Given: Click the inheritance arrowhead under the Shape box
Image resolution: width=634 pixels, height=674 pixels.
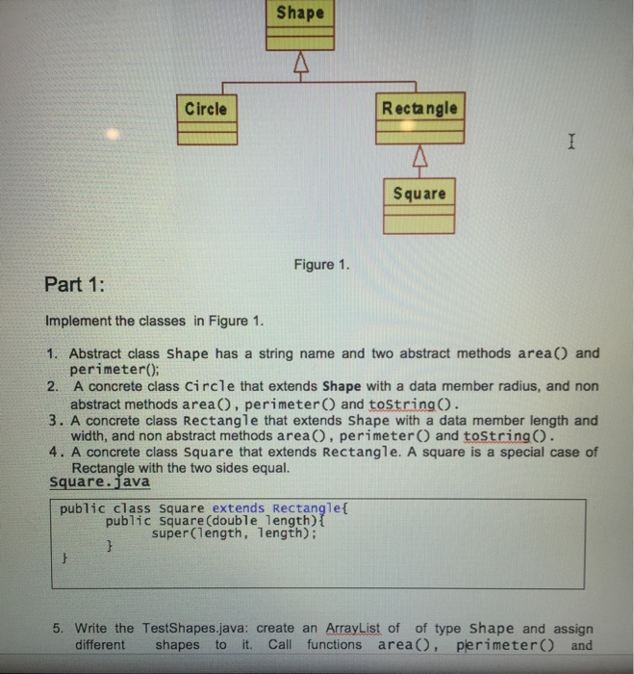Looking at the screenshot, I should tap(301, 65).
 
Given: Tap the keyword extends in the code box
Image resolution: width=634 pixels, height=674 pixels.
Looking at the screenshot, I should tap(241, 507).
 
